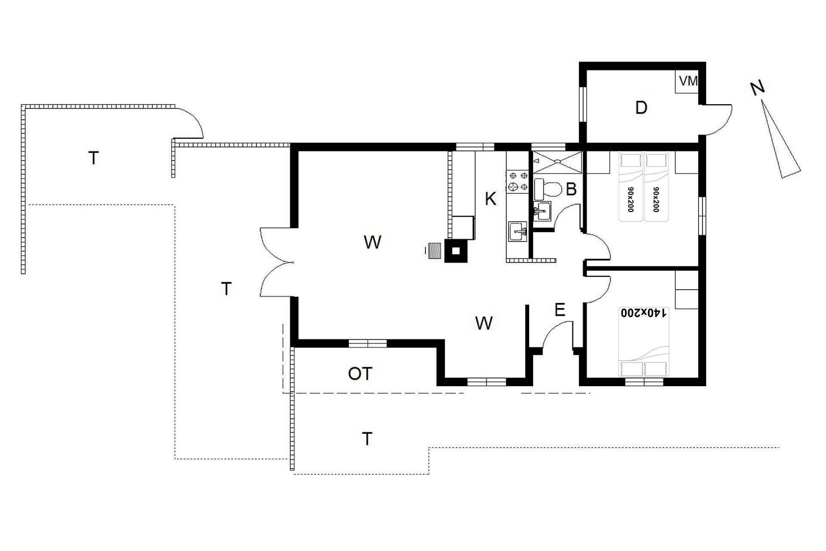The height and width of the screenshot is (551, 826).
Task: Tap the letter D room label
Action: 641,108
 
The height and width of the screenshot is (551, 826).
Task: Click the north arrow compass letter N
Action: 758,88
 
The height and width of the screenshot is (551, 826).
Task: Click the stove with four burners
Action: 518,181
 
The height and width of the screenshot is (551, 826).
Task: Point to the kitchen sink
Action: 518,232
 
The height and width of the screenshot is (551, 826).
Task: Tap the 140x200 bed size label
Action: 643,313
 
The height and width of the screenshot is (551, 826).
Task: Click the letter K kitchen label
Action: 490,199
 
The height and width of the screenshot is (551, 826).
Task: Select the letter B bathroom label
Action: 571,189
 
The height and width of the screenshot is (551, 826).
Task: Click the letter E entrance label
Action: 560,310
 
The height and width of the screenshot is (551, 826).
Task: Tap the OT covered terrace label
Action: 360,374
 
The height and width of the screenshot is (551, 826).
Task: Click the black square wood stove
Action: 455,251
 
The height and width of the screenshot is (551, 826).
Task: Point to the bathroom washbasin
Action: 542,211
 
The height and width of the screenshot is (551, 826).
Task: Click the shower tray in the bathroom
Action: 557,162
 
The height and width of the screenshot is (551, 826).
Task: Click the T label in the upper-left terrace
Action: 93,158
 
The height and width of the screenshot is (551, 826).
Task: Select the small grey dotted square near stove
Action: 435,251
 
